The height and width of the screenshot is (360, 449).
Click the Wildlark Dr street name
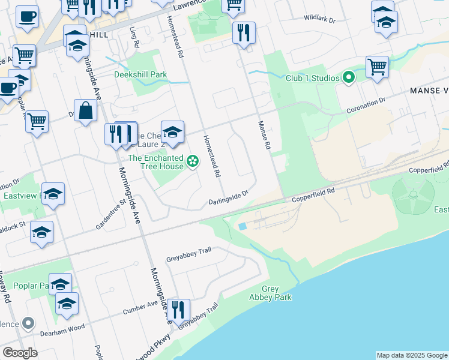point(319,19)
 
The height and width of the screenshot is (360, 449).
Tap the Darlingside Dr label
point(228,197)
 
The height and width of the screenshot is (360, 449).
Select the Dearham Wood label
point(60,329)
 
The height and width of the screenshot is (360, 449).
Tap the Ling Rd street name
point(136,37)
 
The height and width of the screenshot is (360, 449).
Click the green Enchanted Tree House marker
point(193,160)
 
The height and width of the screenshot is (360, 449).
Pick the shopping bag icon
point(86,111)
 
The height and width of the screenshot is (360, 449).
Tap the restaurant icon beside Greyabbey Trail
point(178,310)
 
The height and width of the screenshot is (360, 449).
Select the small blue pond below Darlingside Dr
point(242,227)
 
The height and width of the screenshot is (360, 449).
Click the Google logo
point(20,353)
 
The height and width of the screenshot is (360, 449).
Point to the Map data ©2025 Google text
point(411,355)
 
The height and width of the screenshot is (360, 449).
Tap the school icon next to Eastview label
point(53,193)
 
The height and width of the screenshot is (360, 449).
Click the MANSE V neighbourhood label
point(429,91)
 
